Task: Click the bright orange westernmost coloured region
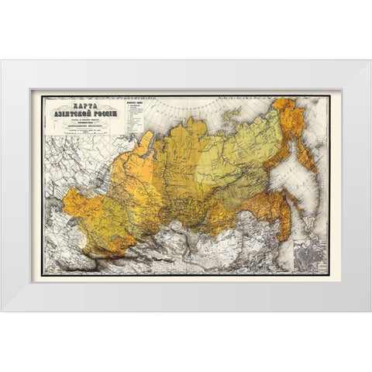75,203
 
